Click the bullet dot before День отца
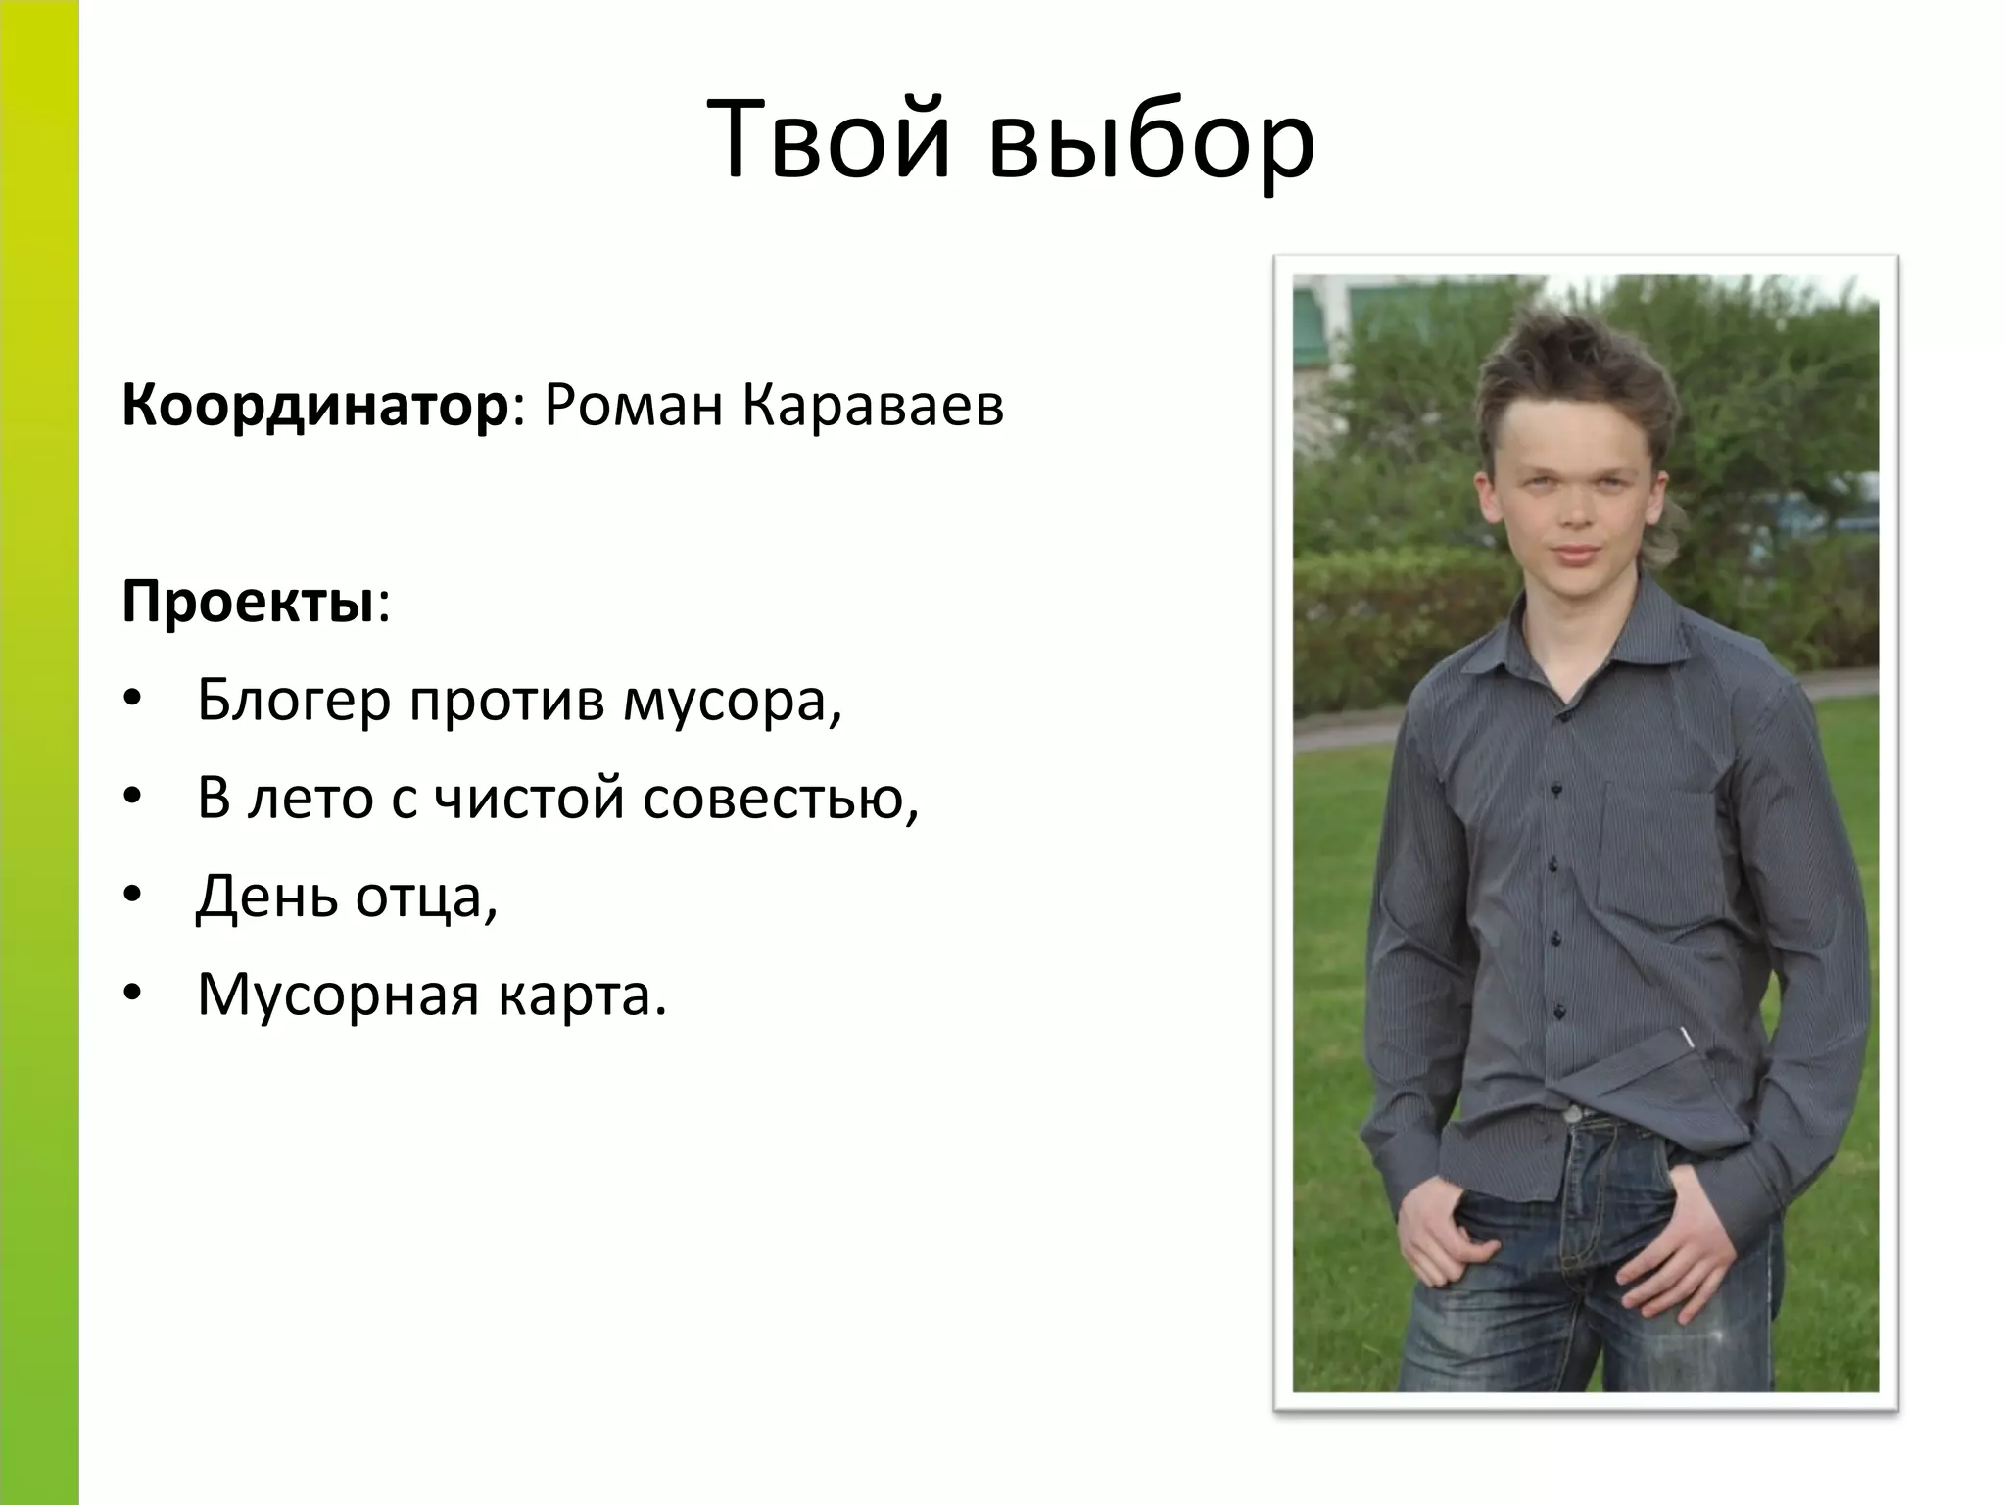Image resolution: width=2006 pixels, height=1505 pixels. point(134,896)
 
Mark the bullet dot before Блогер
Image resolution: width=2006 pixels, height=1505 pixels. point(134,700)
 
